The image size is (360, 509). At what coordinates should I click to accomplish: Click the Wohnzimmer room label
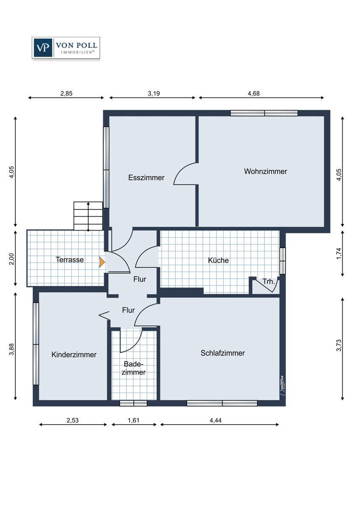pyautogui.click(x=265, y=171)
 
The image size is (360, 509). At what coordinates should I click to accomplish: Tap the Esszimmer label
pyautogui.click(x=146, y=177)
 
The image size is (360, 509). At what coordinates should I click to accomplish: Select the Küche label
pyautogui.click(x=218, y=260)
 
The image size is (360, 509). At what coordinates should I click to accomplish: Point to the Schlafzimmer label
pyautogui.click(x=222, y=353)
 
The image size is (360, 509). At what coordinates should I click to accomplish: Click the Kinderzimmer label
pyautogui.click(x=74, y=355)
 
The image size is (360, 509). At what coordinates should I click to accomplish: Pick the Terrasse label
pyautogui.click(x=70, y=260)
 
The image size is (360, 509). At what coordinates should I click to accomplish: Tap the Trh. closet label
pyautogui.click(x=269, y=282)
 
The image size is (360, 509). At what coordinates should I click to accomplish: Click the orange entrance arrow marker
pyautogui.click(x=102, y=262)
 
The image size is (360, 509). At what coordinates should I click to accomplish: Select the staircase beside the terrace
pyautogui.click(x=88, y=216)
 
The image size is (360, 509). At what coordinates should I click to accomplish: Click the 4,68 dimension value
pyautogui.click(x=253, y=93)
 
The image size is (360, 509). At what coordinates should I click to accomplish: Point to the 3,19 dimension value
pyautogui.click(x=154, y=93)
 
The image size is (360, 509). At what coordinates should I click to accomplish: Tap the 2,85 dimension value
pyautogui.click(x=66, y=93)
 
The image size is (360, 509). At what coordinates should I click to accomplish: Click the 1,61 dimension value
pyautogui.click(x=133, y=420)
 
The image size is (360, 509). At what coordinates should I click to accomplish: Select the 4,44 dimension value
pyautogui.click(x=215, y=420)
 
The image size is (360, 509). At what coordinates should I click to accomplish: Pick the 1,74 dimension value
pyautogui.click(x=339, y=254)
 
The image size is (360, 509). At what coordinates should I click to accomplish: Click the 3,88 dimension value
pyautogui.click(x=12, y=349)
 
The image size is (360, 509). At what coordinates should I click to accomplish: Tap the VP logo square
pyautogui.click(x=42, y=48)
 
